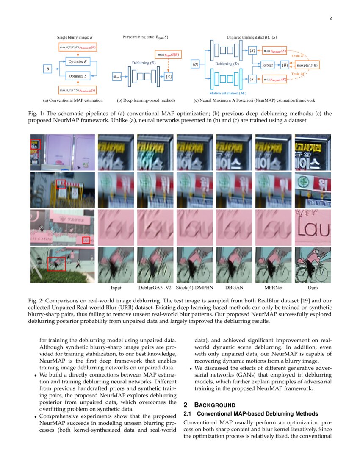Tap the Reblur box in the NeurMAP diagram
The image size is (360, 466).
268,65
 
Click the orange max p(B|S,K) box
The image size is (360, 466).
307,65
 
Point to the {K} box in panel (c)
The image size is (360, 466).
252,79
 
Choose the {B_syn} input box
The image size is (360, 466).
116,77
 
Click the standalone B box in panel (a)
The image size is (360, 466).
48,69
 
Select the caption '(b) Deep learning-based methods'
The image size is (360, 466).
146,100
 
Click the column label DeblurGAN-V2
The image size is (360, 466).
155,288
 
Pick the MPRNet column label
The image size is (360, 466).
273,288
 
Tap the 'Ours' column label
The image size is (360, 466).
313,288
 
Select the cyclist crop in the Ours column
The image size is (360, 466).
313,265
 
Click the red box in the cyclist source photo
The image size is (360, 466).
56,264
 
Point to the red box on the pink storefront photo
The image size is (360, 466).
86,240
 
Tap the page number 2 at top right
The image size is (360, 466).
330,18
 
